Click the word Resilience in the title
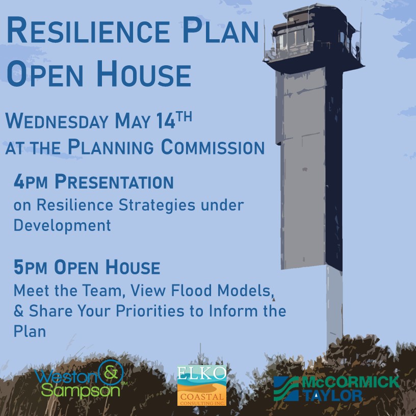point(88,30)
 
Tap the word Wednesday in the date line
point(57,121)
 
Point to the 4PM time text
point(31,181)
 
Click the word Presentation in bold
point(114,181)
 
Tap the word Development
point(62,226)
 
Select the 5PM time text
point(30,267)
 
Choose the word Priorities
point(150,310)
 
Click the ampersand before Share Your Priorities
point(18,310)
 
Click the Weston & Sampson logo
point(81,380)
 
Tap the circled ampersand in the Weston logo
point(111,373)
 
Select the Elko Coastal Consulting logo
point(202,385)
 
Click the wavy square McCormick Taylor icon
point(287,388)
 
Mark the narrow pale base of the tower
point(334,305)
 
